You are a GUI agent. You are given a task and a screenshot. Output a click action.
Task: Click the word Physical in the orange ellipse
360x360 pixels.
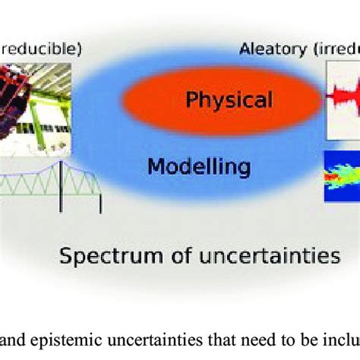point(229,99)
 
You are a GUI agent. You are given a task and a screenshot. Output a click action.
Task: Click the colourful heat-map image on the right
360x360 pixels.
point(342,175)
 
